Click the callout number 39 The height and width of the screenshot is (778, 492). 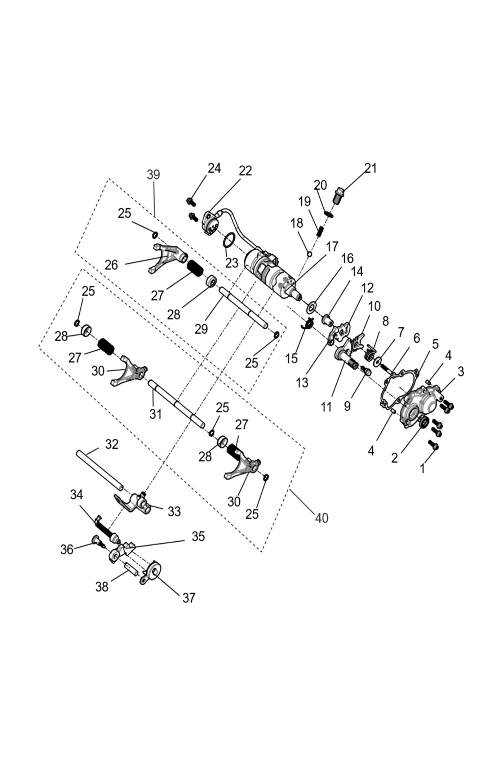(x=153, y=175)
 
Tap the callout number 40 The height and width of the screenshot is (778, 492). (x=322, y=518)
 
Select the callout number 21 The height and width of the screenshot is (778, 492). (x=370, y=168)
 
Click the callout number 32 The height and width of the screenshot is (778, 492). (x=112, y=444)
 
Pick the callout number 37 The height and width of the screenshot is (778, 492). (x=189, y=598)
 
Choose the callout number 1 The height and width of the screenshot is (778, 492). (x=422, y=468)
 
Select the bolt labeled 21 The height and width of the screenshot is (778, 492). (x=338, y=195)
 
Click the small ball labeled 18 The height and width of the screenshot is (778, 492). (x=309, y=254)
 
